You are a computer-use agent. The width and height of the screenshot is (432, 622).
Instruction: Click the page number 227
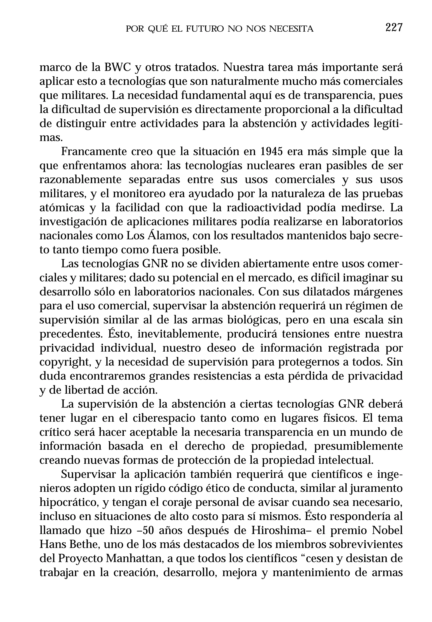[x=394, y=28]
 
